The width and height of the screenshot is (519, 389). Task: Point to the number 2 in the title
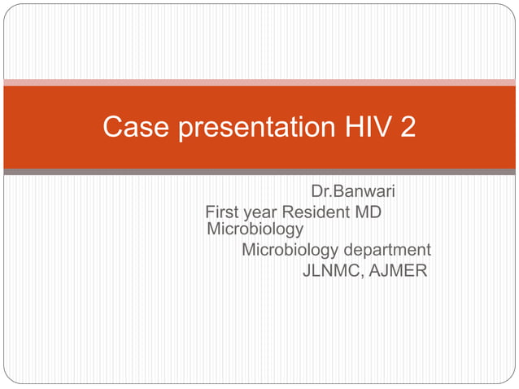pos(408,128)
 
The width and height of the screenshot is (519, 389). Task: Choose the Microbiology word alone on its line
pos(255,229)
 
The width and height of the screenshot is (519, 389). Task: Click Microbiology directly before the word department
pos(290,250)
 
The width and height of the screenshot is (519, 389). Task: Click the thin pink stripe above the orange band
pos(259,82)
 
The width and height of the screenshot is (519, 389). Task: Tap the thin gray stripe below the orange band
pos(259,172)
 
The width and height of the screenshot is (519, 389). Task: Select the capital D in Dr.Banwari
pos(317,193)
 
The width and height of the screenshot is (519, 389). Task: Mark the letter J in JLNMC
pos(307,270)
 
